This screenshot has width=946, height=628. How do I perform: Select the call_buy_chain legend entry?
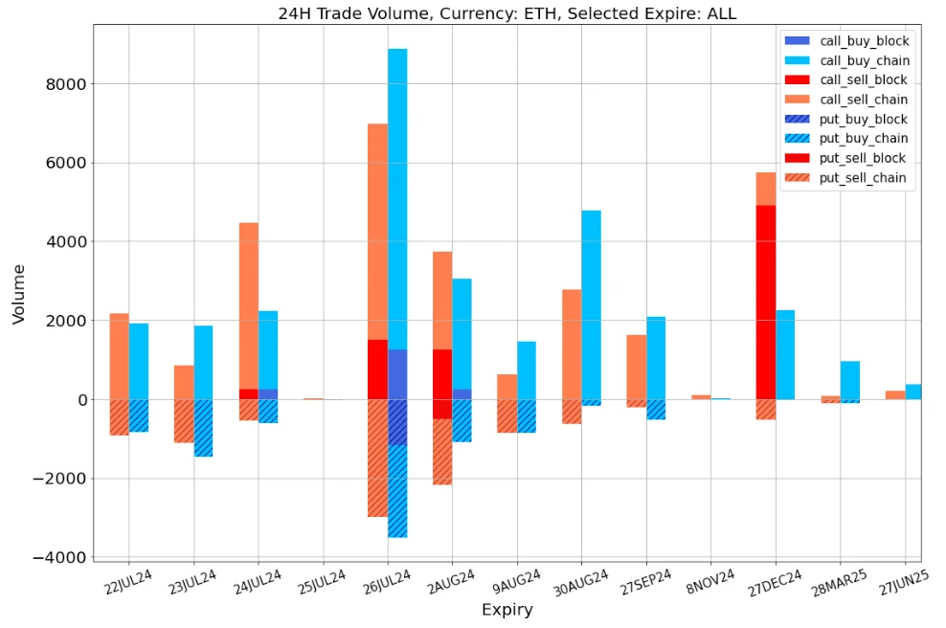point(864,60)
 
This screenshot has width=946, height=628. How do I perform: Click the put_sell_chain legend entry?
point(864,177)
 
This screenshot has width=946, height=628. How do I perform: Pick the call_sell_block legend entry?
point(864,79)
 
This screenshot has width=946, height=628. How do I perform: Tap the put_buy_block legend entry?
point(864,119)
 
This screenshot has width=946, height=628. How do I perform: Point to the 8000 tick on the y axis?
point(67,84)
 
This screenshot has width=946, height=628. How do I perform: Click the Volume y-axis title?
point(19,294)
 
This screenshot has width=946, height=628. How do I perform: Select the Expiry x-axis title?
point(507,610)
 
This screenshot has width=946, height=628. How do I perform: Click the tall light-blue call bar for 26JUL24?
point(397,191)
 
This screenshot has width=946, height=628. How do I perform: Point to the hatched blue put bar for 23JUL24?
point(203,427)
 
